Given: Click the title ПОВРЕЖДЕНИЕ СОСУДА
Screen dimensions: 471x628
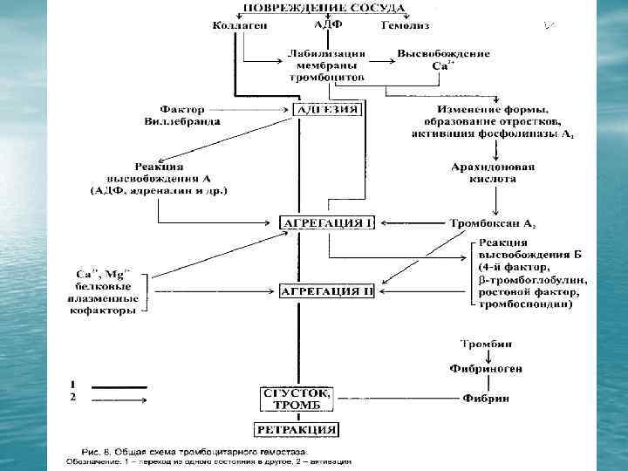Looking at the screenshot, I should (x=323, y=8).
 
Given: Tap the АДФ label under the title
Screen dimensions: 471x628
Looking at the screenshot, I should (x=326, y=24).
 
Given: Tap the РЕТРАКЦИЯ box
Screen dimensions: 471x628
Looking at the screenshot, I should (x=296, y=429).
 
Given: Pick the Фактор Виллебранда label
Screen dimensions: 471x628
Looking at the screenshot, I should (x=182, y=116).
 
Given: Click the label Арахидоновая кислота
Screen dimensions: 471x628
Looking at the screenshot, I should (x=493, y=173).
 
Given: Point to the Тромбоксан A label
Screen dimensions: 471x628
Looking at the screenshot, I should (x=493, y=223).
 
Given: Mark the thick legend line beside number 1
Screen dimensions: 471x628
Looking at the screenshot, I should (x=119, y=386).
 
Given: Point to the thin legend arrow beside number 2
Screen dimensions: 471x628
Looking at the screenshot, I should (x=119, y=398).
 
